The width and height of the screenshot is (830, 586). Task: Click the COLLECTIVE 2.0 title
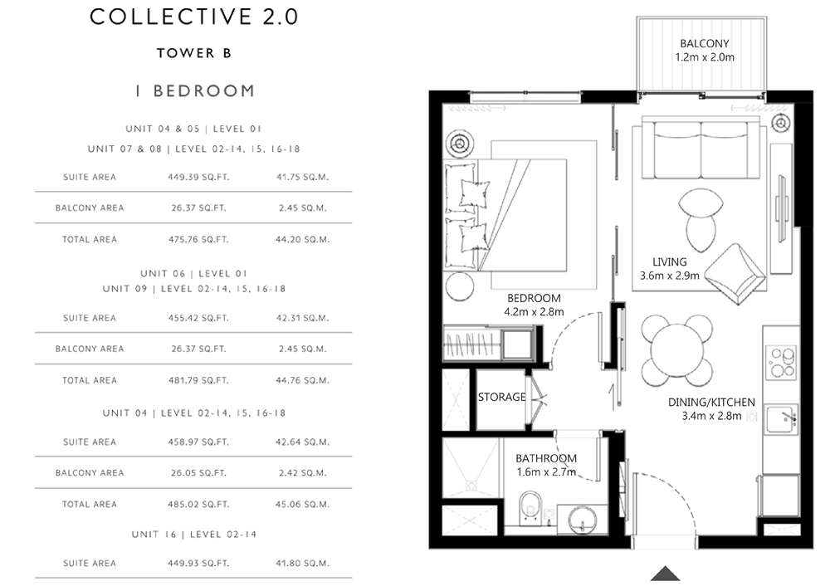tap(193, 17)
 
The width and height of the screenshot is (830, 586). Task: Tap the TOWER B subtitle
tap(194, 53)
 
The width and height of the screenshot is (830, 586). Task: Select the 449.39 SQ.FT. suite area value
tap(198, 178)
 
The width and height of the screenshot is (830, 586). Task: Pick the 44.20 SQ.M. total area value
tap(302, 240)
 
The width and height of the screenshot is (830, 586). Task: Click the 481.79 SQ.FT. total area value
tap(198, 381)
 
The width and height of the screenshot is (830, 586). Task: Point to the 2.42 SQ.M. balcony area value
tap(302, 473)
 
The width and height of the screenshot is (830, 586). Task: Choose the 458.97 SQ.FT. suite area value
tap(198, 442)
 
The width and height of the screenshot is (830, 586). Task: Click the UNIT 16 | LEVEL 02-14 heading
tap(194, 535)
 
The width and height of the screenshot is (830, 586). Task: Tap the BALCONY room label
tap(705, 44)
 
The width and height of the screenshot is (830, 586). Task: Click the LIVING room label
tap(670, 262)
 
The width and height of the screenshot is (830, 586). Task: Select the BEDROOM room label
tap(534, 299)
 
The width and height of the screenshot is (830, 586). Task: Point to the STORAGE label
tap(502, 397)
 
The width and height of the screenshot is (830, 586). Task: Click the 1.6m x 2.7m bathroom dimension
tap(546, 472)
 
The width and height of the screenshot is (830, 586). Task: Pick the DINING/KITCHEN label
tap(711, 403)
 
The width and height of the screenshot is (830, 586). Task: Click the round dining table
tap(676, 350)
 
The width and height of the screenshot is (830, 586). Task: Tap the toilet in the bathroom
tap(530, 508)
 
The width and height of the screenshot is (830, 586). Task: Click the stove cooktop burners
tap(781, 363)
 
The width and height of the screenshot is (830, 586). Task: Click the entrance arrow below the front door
tap(666, 574)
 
